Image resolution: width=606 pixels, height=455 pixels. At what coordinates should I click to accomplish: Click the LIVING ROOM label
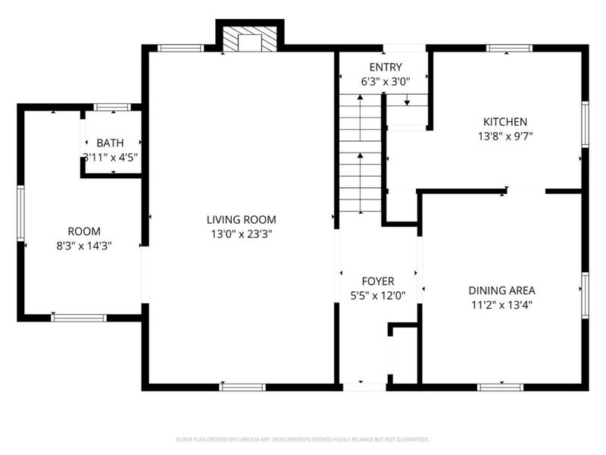[x=241, y=220]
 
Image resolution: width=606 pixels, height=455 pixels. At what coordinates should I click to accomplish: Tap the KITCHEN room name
[x=505, y=122]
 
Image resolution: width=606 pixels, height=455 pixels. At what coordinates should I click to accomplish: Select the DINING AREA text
[x=501, y=290]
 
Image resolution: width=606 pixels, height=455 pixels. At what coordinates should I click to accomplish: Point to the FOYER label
[x=378, y=281]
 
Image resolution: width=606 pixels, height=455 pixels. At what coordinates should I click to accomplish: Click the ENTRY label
[x=386, y=67]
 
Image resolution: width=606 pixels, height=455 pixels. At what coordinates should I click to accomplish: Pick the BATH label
[x=110, y=143]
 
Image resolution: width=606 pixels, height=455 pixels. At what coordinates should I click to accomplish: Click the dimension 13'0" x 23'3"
[x=242, y=234]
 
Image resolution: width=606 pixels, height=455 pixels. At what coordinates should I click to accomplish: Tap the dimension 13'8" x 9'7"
[x=505, y=136]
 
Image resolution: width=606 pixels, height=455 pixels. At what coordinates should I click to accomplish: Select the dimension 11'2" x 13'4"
[x=501, y=305]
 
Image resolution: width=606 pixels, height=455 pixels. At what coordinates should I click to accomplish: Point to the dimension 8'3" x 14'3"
[x=84, y=246]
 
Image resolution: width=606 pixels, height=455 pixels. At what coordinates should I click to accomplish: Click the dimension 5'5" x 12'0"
[x=378, y=296]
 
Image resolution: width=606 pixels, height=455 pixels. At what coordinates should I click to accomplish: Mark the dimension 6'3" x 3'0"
[x=386, y=82]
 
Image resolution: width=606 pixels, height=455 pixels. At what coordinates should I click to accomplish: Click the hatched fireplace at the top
[x=250, y=39]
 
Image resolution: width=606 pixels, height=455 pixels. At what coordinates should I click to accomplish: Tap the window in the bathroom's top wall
[x=112, y=107]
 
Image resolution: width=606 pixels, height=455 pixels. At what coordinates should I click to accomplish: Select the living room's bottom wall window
[x=242, y=387]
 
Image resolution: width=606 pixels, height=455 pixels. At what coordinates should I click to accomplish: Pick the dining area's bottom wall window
[x=501, y=387]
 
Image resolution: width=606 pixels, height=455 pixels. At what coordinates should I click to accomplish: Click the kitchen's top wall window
[x=509, y=49]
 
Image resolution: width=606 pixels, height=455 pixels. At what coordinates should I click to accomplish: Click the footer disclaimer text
[x=302, y=440]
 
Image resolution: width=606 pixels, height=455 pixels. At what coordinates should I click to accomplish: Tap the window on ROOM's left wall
[x=20, y=214]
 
